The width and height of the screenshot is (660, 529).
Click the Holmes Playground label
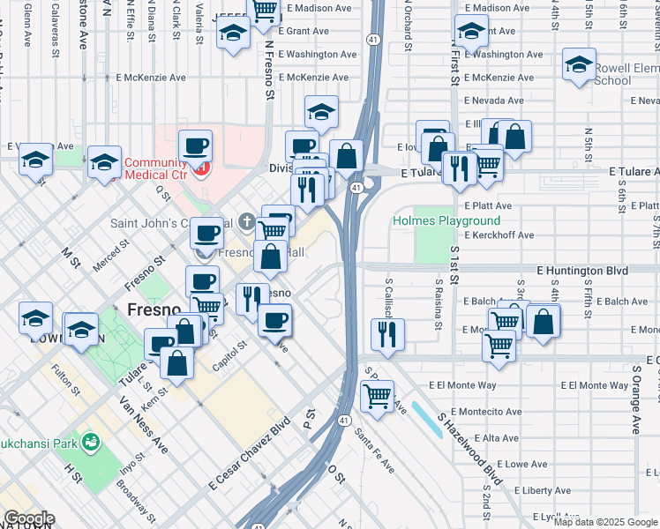coord(446,220)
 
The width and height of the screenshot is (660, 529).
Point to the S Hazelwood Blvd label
coord(468,447)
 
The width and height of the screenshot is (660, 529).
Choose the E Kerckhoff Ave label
coord(499,235)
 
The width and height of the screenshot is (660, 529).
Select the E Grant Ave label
coord(303,31)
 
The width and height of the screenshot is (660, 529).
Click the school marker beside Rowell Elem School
coord(579,64)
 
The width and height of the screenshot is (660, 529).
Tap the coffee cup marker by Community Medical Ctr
coord(195,145)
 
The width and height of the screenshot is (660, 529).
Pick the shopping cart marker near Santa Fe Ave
coord(378,397)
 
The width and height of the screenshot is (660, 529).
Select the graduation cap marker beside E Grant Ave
coord(233,34)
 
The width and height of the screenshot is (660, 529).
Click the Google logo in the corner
coord(28,518)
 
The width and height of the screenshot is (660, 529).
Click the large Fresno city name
coord(154,310)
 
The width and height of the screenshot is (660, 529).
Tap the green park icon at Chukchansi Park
coord(88,439)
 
